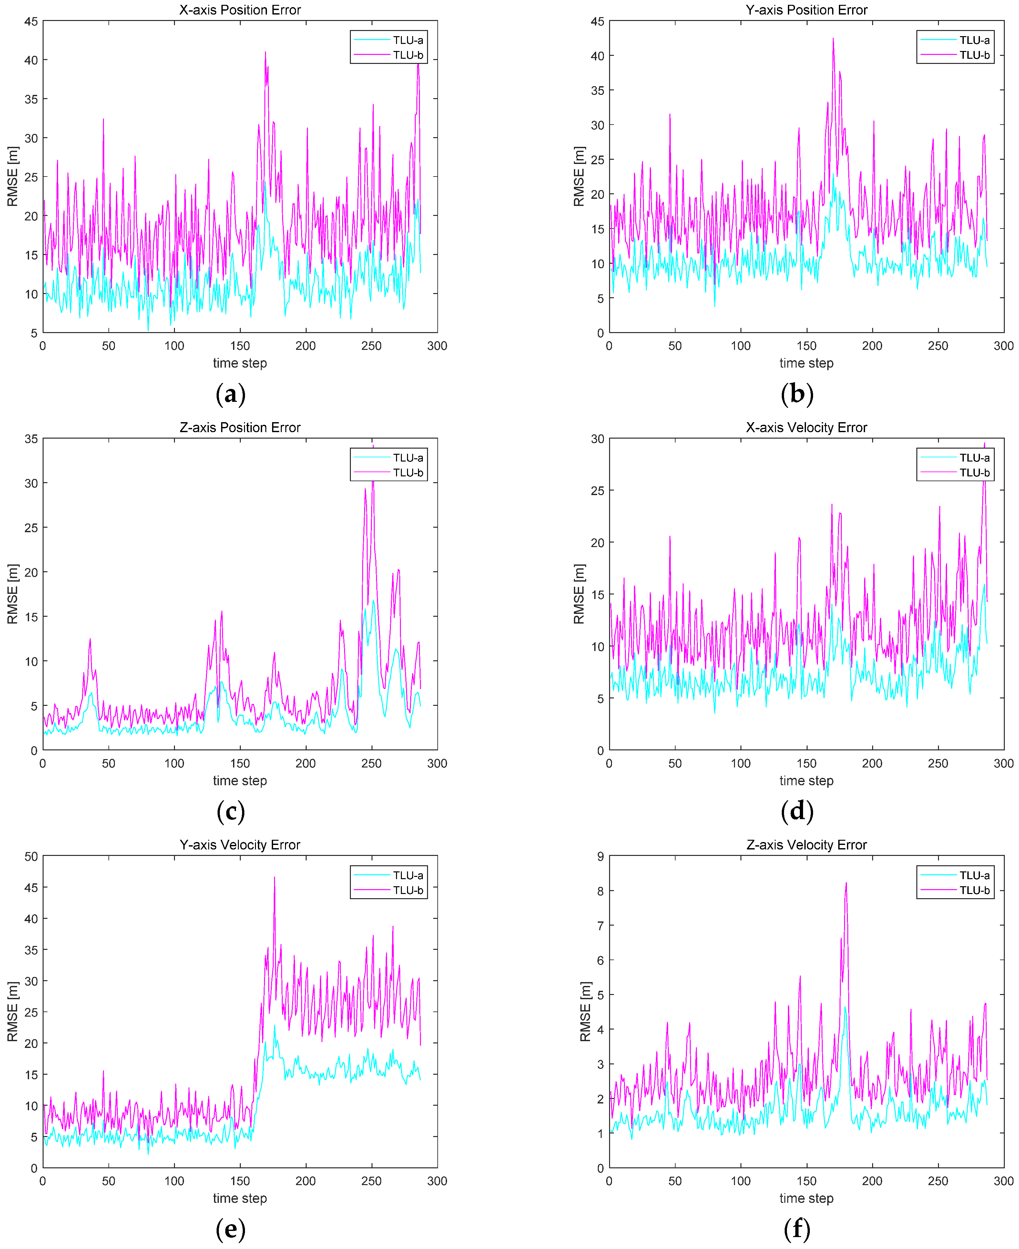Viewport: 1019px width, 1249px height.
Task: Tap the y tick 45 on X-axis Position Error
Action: (x=31, y=22)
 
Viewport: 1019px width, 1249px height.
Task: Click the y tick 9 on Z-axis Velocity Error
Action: (x=600, y=856)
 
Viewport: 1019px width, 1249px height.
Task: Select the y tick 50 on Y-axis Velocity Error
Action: (x=31, y=856)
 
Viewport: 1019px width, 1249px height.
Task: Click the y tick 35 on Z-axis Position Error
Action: (x=31, y=439)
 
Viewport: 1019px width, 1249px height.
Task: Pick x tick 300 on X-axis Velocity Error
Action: (x=1003, y=764)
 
